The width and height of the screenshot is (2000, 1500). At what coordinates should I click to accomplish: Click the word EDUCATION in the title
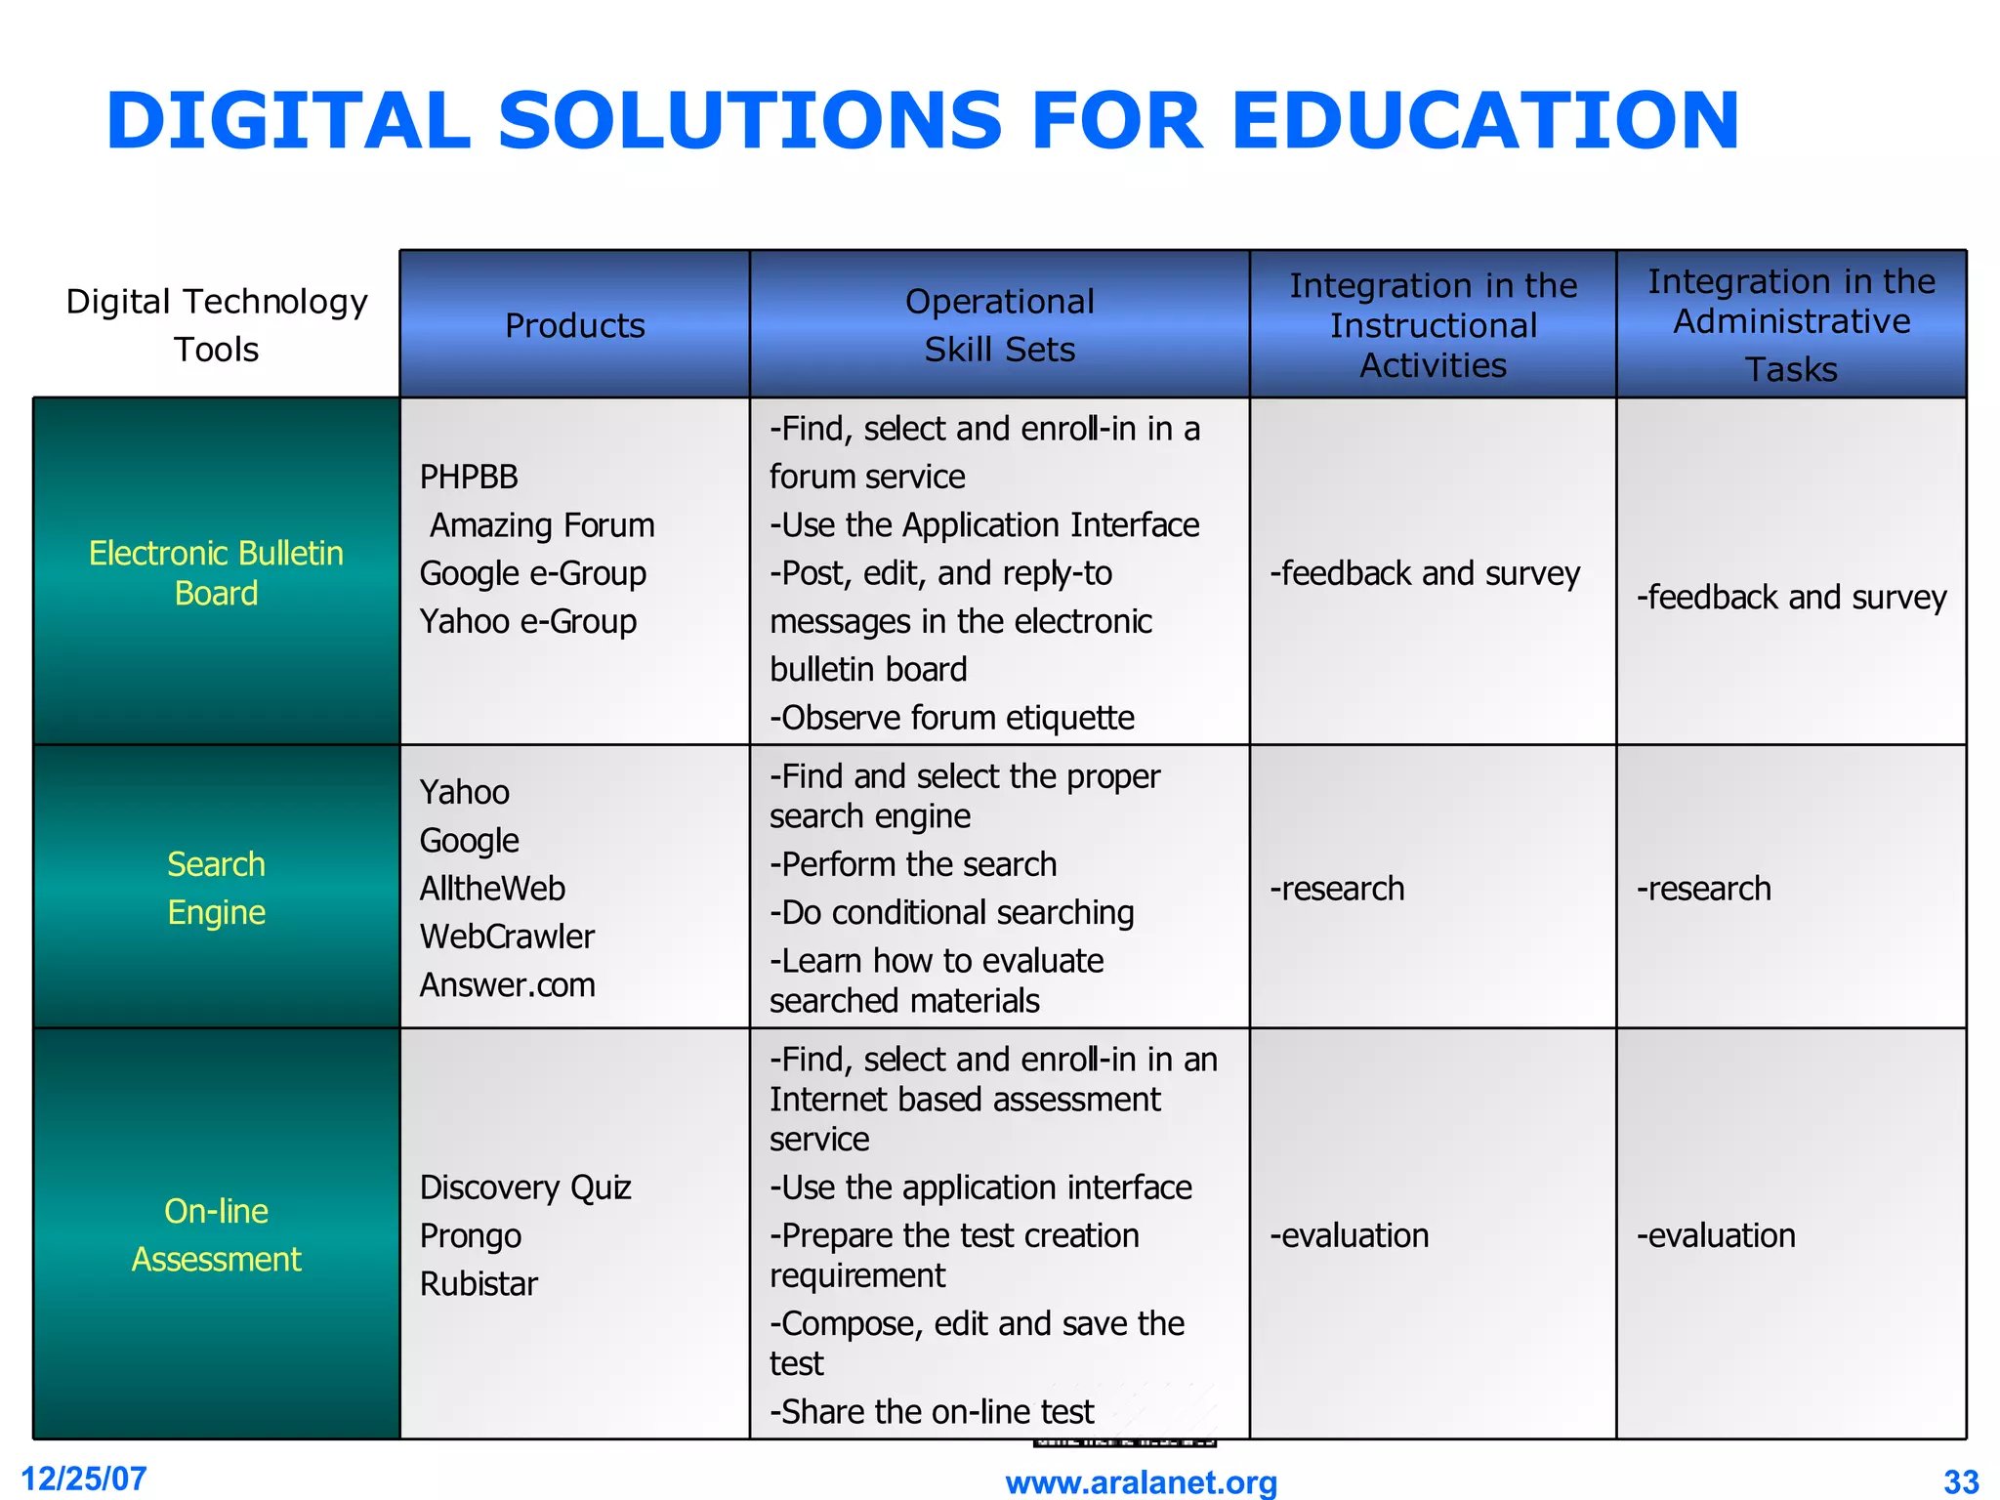click(1484, 121)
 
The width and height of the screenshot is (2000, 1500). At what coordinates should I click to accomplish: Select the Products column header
click(574, 325)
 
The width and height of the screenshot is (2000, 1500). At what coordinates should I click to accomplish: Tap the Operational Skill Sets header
click(999, 325)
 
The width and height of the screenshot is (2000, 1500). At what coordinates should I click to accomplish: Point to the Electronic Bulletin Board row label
click(216, 573)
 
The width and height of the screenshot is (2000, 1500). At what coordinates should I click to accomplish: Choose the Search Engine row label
click(216, 888)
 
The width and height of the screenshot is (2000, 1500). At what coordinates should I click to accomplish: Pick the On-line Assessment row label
click(216, 1235)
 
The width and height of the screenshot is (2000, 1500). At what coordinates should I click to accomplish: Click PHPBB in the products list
click(469, 477)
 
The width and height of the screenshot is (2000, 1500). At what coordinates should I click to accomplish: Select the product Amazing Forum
click(542, 525)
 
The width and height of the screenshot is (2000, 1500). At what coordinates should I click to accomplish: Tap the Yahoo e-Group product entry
click(527, 621)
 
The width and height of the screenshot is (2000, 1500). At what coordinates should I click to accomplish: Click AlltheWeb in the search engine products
click(492, 889)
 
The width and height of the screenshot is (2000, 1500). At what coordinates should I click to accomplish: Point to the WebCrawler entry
click(507, 937)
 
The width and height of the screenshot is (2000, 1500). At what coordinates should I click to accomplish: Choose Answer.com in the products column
click(507, 984)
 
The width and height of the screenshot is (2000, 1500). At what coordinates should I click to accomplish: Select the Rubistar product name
click(479, 1283)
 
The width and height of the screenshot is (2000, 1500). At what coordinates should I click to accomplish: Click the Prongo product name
click(471, 1235)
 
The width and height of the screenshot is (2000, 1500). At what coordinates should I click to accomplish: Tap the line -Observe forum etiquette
click(952, 718)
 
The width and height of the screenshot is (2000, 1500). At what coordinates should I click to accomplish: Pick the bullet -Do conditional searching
click(952, 912)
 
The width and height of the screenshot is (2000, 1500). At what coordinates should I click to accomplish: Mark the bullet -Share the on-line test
click(932, 1411)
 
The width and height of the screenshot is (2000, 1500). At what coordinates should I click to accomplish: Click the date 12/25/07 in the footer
click(84, 1479)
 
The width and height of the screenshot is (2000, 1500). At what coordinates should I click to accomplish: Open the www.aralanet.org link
click(1141, 1482)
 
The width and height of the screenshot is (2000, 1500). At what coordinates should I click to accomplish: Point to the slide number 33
click(1961, 1482)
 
